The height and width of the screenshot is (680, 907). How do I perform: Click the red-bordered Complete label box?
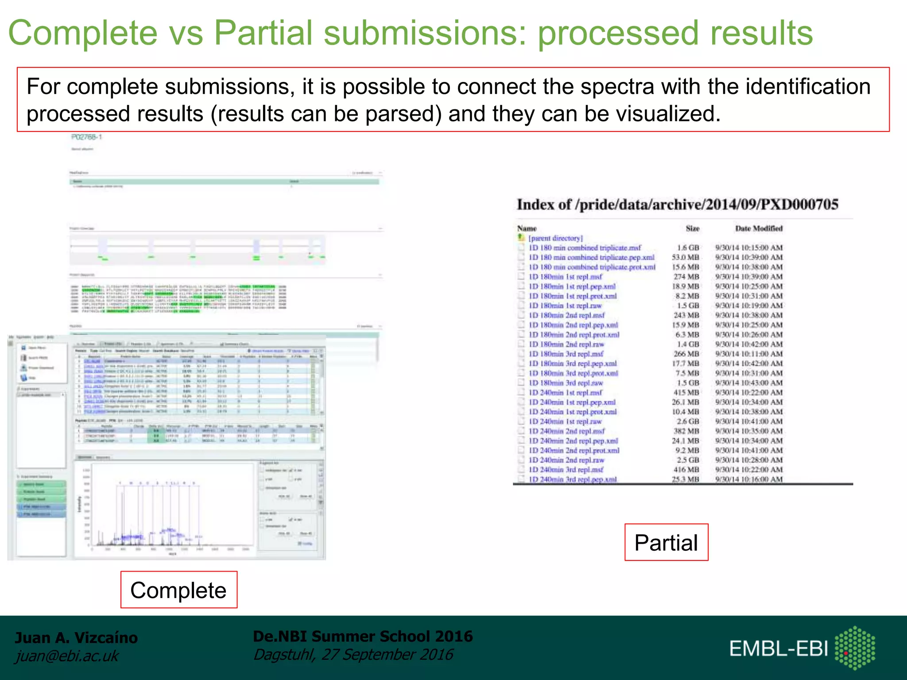point(178,590)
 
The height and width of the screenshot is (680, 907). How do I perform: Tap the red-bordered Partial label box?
point(666,542)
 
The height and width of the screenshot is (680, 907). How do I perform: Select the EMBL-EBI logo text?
point(779,649)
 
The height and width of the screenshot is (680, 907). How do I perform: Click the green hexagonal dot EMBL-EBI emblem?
point(855,648)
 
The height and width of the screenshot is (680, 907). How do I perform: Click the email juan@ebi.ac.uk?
point(67,656)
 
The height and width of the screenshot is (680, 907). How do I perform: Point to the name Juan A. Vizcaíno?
point(76,637)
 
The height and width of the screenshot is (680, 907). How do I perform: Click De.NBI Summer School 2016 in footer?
point(363,636)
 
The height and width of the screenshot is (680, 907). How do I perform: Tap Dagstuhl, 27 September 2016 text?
point(353,654)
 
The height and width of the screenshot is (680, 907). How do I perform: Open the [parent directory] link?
point(555,238)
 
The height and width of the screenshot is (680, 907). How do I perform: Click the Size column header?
point(692,228)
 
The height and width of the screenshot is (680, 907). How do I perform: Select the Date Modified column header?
point(759,228)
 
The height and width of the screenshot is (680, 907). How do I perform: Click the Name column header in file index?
point(527,228)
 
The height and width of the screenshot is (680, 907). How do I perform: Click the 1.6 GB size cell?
point(688,248)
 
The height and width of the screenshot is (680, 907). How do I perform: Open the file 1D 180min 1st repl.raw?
point(566,306)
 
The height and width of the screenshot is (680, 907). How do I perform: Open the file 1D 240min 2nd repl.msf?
point(567,431)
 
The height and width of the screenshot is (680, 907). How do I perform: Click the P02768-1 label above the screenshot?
point(87,137)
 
